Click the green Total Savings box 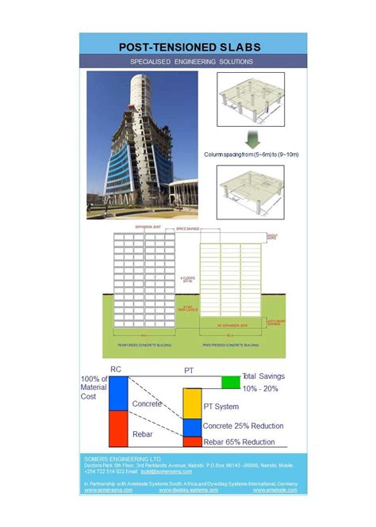[230, 382]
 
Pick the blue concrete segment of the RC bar [118, 394]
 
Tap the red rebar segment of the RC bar [118, 430]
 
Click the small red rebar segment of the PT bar [193, 442]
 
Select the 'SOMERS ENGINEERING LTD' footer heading [122, 459]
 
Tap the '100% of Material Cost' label [93, 388]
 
